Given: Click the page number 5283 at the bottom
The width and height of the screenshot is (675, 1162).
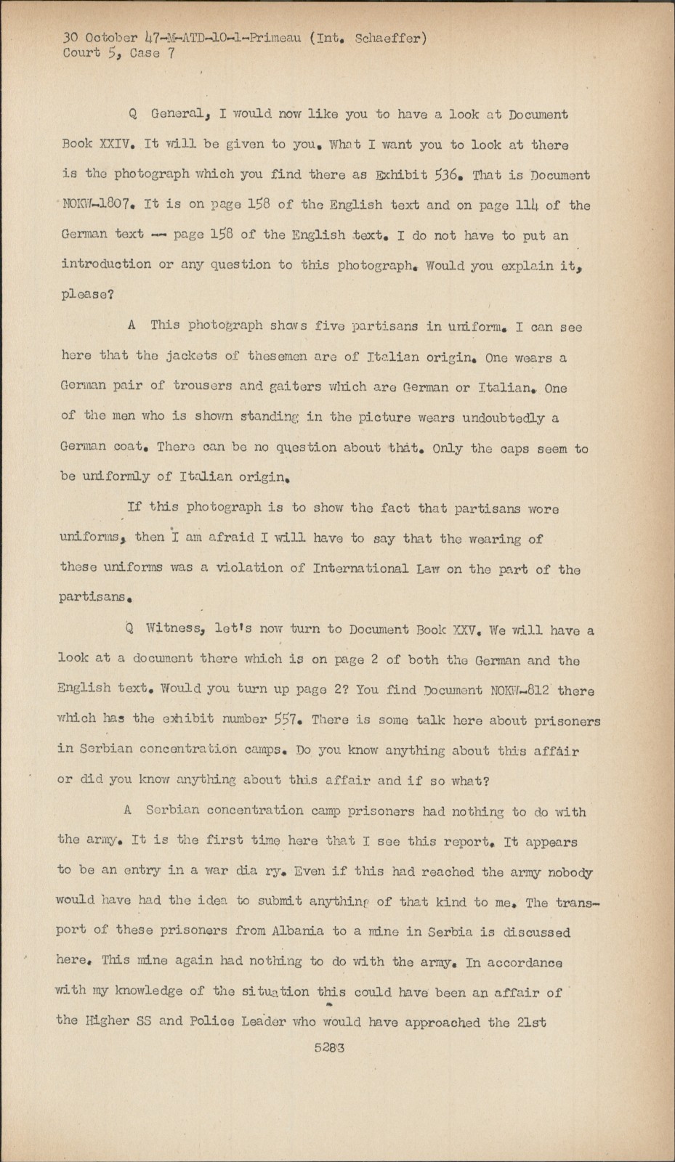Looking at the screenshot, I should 329,1048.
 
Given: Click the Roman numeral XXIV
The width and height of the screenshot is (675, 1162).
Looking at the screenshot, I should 116,144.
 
